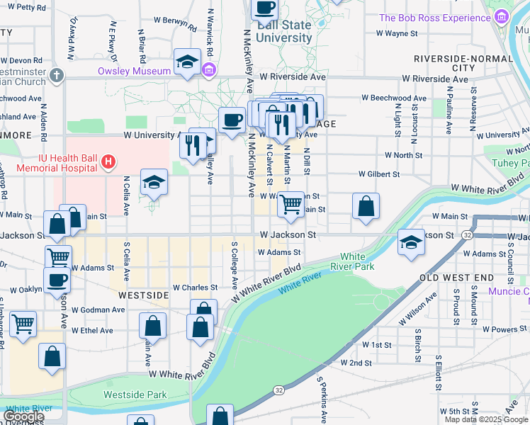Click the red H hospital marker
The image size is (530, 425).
(x=108, y=162)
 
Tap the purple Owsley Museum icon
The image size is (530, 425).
(x=209, y=70)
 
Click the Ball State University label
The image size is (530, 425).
(x=284, y=31)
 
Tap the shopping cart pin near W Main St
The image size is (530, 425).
(x=291, y=204)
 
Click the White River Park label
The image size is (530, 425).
(x=357, y=261)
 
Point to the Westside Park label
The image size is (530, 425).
(x=135, y=395)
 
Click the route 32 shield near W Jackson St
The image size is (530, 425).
(x=468, y=234)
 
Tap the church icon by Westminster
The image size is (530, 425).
(x=57, y=74)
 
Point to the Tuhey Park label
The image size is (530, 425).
(x=511, y=162)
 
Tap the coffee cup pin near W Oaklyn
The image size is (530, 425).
(x=57, y=279)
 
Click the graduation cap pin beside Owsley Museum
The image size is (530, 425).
(x=187, y=62)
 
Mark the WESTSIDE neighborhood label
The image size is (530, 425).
(x=143, y=294)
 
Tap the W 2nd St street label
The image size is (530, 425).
(x=356, y=363)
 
